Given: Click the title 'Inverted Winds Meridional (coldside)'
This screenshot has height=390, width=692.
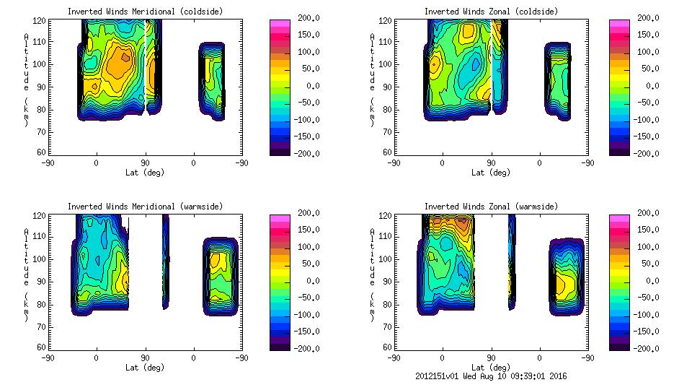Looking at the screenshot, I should [x=146, y=12].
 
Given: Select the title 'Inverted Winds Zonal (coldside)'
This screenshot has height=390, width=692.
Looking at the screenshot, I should [x=491, y=12].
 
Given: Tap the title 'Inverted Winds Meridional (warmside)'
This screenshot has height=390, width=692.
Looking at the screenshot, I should [x=146, y=207].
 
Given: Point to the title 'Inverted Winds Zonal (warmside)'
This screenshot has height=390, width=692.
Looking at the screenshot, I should [x=491, y=207].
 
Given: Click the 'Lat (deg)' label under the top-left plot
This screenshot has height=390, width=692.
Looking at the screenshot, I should [x=145, y=173].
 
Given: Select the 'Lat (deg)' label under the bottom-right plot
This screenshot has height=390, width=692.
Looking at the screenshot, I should [x=491, y=368].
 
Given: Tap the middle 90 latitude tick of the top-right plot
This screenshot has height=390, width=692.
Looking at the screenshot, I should [x=491, y=163].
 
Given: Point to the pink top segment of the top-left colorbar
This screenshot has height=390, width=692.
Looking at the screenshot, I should [x=279, y=23].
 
